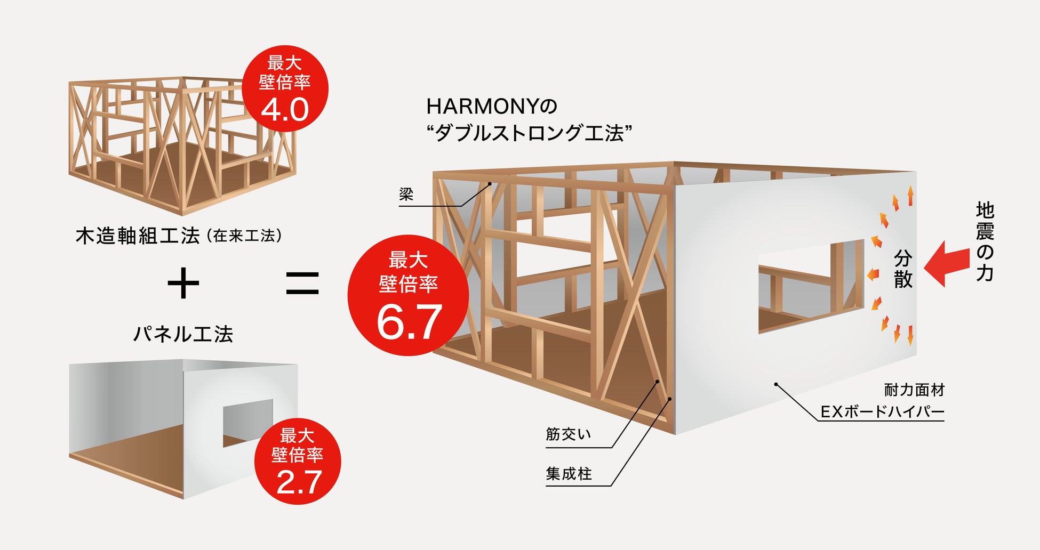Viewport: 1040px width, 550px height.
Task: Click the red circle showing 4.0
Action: click(285, 88)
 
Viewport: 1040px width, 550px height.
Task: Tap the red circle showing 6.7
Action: click(408, 295)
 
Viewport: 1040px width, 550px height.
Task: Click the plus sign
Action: click(183, 284)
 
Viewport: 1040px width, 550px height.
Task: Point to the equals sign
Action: click(302, 284)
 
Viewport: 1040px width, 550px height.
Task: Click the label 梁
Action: click(406, 195)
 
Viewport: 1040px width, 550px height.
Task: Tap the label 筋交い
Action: click(569, 434)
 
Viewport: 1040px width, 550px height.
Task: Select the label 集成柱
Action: click(569, 474)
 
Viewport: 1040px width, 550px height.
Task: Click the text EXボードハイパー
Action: click(882, 412)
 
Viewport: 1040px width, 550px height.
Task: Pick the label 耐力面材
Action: click(914, 390)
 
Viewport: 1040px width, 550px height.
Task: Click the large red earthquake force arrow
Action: click(947, 264)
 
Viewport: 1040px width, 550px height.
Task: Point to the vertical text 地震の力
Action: click(985, 241)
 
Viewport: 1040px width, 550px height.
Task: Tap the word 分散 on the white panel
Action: click(903, 269)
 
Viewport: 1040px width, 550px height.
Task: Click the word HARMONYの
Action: click(491, 107)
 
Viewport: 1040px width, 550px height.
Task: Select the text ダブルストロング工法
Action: click(530, 133)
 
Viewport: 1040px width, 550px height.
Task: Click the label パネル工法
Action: click(183, 334)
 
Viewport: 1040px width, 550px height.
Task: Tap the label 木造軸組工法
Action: click(138, 236)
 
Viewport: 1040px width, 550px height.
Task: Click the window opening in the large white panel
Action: click(811, 287)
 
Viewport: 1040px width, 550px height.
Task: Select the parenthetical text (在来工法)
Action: click(244, 236)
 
